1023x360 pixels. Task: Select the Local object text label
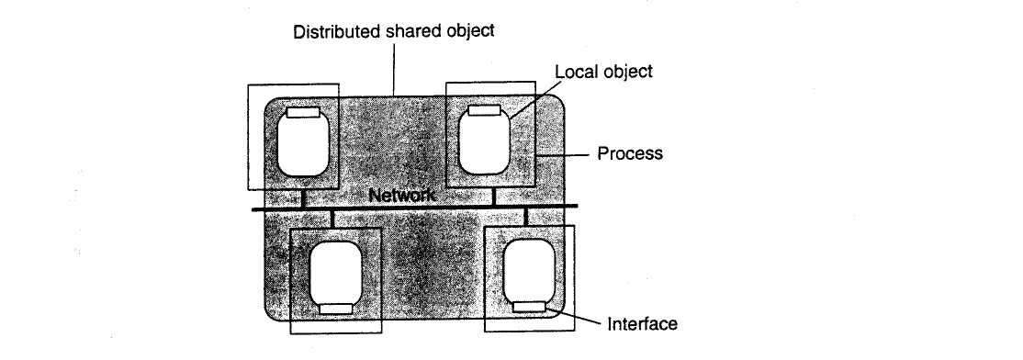pyautogui.click(x=603, y=71)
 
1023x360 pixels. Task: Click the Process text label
pyautogui.click(x=630, y=154)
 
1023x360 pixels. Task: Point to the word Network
pyautogui.click(x=402, y=195)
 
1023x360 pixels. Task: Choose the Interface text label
pyautogui.click(x=643, y=324)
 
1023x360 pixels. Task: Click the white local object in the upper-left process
pyautogui.click(x=303, y=145)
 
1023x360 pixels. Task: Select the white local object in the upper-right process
pyautogui.click(x=483, y=143)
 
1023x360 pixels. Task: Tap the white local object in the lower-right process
pyautogui.click(x=529, y=271)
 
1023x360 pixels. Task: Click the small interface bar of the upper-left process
pyautogui.click(x=303, y=112)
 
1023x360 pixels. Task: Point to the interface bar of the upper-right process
pyautogui.click(x=485, y=110)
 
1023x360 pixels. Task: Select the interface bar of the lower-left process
pyautogui.click(x=335, y=309)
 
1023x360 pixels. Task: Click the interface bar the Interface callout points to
pyautogui.click(x=529, y=307)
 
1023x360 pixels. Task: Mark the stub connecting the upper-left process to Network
pyautogui.click(x=303, y=198)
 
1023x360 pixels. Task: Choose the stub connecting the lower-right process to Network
pyautogui.click(x=526, y=217)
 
